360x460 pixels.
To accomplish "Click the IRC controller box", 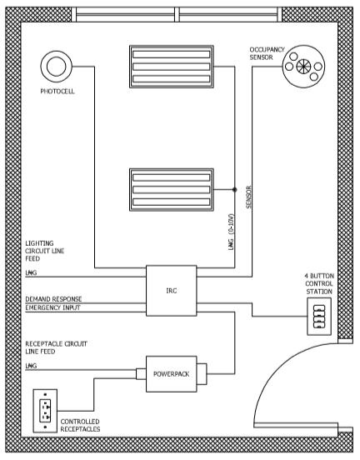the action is coord(172,291).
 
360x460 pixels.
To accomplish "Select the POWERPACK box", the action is coord(172,374).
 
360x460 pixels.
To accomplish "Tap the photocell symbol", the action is coord(57,67).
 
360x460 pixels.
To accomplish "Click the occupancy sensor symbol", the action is coord(303,67).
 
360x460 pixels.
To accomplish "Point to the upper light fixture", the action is coord(172,67).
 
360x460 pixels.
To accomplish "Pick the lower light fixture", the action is coord(172,189).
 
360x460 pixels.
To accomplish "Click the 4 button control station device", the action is coord(319,317).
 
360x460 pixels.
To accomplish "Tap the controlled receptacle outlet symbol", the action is coord(45,411).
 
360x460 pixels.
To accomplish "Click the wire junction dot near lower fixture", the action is coord(234,189).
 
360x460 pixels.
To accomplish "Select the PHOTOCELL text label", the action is coord(57,92).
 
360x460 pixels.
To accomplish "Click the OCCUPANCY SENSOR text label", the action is coord(267,53).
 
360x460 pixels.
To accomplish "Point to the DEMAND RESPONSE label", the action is coord(53,299).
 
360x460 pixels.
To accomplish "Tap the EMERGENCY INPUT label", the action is coord(52,307).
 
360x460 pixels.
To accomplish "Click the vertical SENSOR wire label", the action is coord(249,197).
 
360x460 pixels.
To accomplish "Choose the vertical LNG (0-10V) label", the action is coord(232,232).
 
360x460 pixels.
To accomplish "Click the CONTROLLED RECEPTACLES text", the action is coord(80,425).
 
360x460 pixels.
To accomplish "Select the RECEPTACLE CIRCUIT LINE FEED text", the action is coord(57,347).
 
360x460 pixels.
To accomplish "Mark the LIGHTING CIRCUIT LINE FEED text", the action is coord(45,251).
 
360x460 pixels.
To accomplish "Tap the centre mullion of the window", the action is coord(177,14).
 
